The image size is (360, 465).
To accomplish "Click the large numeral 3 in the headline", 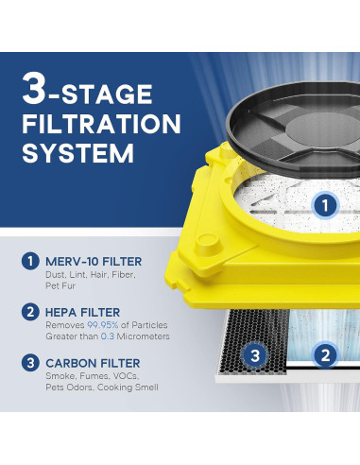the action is pyautogui.click(x=34, y=89).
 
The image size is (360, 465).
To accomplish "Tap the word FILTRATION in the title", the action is pyautogui.click(x=101, y=124).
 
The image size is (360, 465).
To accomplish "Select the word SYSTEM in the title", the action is pyautogui.click(x=78, y=153).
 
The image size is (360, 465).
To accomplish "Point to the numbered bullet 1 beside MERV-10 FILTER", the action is pyautogui.click(x=30, y=261).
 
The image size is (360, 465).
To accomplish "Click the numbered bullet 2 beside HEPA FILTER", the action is pyautogui.click(x=30, y=312).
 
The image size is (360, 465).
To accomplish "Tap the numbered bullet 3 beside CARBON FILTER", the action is pyautogui.click(x=30, y=363).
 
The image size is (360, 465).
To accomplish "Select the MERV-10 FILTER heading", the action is pyautogui.click(x=94, y=262).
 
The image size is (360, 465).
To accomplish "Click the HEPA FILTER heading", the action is pyautogui.click(x=82, y=313).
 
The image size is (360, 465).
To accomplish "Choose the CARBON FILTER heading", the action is pyautogui.click(x=93, y=363).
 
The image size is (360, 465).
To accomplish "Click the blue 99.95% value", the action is pyautogui.click(x=103, y=325).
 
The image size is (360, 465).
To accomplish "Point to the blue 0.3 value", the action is pyautogui.click(x=108, y=336).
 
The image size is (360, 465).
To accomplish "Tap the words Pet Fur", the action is pyautogui.click(x=60, y=285).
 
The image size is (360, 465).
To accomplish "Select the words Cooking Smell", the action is pyautogui.click(x=128, y=387).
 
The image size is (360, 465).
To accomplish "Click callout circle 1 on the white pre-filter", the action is pyautogui.click(x=325, y=206).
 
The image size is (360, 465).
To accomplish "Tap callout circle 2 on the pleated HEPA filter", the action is pyautogui.click(x=325, y=355).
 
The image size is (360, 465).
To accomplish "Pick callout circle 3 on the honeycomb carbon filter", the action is pyautogui.click(x=255, y=355).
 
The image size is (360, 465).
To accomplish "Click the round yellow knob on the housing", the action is pyautogui.click(x=208, y=244).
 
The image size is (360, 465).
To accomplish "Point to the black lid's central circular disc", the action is pyautogui.click(x=322, y=130).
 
